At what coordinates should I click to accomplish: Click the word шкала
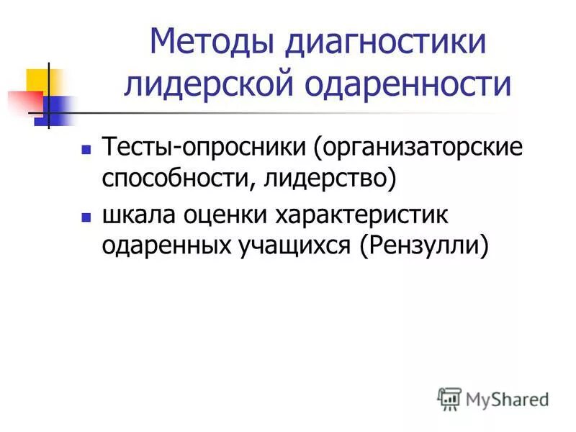(141, 215)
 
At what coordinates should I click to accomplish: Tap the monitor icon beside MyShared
(450, 398)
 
